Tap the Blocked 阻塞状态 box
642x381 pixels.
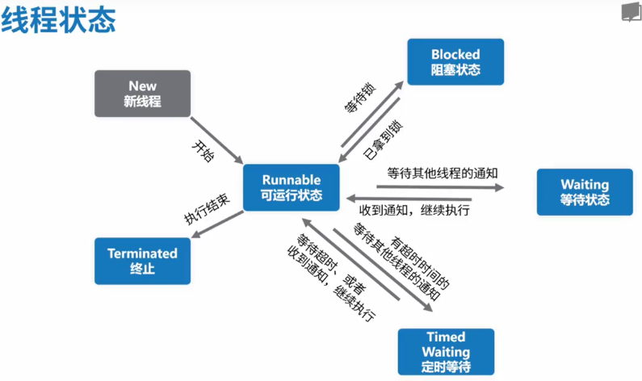pyautogui.click(x=455, y=61)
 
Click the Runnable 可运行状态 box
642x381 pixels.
pyautogui.click(x=292, y=187)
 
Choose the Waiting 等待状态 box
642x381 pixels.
pyautogui.click(x=585, y=191)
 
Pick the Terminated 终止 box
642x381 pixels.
pyautogui.click(x=141, y=260)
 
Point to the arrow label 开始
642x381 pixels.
pyautogui.click(x=203, y=151)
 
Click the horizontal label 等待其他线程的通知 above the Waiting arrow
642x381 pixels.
pyautogui.click(x=442, y=172)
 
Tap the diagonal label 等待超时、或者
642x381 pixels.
pyautogui.click(x=321, y=263)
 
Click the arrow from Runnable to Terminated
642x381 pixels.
pyautogui.click(x=216, y=225)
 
